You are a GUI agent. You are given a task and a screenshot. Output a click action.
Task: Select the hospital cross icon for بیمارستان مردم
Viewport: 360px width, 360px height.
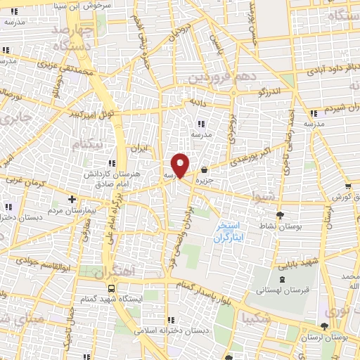pyautogui.click(x=72, y=200)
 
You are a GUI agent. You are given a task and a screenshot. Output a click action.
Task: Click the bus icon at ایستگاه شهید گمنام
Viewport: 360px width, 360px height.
pyautogui.click(x=112, y=288)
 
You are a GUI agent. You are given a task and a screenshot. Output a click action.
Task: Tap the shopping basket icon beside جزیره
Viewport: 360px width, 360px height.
pyautogui.click(x=204, y=169)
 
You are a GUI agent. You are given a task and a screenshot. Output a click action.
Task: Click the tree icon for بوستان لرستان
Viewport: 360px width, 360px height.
pyautogui.click(x=323, y=326)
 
